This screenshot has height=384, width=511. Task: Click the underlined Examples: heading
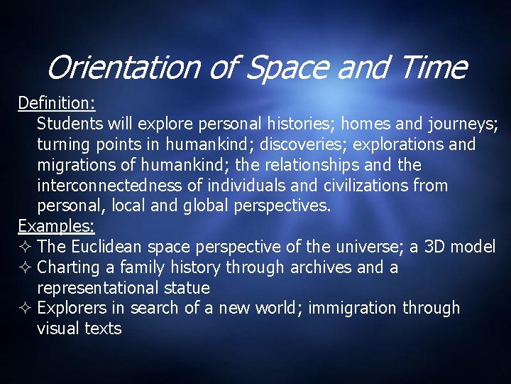tap(57, 227)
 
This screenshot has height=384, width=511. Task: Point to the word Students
tap(70, 124)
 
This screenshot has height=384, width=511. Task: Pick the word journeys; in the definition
tap(463, 124)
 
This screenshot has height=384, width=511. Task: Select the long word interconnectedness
tap(121, 186)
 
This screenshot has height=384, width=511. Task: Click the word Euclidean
tap(109, 247)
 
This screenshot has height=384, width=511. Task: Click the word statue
tap(185, 288)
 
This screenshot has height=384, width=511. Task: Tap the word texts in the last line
tap(102, 329)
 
